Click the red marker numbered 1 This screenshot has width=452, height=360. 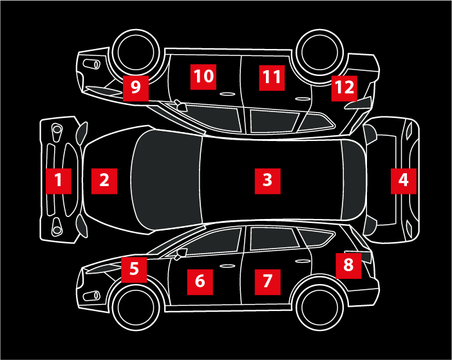[59, 181]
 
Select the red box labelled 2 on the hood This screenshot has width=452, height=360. [104, 181]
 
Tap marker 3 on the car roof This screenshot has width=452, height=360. [267, 181]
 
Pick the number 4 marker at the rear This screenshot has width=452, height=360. [404, 181]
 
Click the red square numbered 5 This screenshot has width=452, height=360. [134, 270]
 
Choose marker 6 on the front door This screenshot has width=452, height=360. [200, 282]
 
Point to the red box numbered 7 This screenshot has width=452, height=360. [267, 282]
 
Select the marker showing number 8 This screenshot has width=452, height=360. [348, 266]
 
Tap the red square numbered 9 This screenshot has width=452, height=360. [136, 88]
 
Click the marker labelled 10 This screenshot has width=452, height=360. [203, 77]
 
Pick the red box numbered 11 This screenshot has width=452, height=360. [272, 78]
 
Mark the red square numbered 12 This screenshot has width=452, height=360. [344, 88]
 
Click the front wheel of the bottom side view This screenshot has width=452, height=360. [136, 307]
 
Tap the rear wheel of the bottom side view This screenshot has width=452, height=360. [320, 307]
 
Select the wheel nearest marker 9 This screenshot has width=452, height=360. [136, 53]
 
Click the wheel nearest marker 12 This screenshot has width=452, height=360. [320, 53]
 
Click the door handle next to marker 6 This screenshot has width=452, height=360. [227, 266]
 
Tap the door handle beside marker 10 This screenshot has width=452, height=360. [227, 94]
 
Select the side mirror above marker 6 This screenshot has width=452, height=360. [181, 254]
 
